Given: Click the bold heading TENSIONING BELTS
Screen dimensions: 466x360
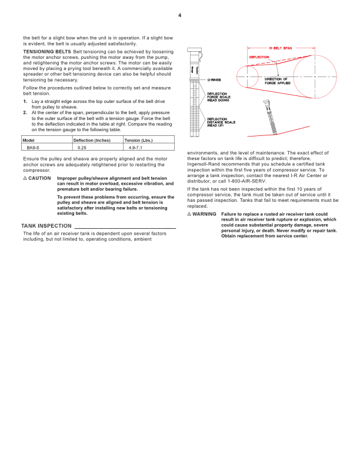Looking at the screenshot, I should coord(43,52).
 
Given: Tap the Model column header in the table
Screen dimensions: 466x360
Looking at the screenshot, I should coord(28,140).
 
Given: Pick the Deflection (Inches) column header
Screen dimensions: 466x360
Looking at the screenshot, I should coord(91,140).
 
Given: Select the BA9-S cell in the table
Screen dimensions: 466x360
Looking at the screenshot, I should coord(33,148).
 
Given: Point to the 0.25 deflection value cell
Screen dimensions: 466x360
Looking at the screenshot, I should coord(82,148).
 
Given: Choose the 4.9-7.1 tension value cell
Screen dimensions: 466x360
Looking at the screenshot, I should coord(135,148).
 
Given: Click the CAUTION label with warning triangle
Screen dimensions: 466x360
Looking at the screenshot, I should coord(36,178).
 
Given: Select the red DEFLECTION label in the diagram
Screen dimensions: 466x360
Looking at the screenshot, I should coord(259,57).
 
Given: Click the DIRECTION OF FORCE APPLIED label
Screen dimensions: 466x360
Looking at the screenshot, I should coord(276,81).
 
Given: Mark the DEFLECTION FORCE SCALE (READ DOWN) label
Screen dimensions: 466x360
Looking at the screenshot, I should coord(221,96).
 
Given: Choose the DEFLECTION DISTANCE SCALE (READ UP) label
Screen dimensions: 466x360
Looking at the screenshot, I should coord(221,122).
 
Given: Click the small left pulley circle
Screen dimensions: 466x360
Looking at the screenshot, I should coord(246,75).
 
